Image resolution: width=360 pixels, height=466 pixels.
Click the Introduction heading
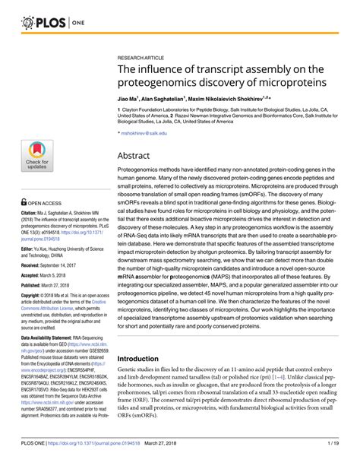coord(148,358)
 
